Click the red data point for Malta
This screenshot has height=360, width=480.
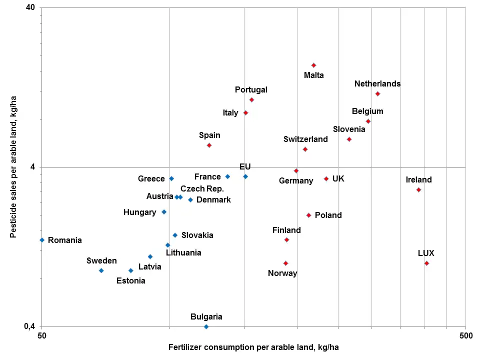(313, 65)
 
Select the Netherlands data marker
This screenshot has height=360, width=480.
(377, 94)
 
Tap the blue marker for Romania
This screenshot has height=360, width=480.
(42, 240)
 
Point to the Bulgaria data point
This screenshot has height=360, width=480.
(206, 327)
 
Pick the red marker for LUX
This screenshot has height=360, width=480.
(426, 263)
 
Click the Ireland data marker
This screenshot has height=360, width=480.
(418, 190)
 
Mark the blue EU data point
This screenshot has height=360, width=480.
(245, 176)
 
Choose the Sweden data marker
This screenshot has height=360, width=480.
(101, 270)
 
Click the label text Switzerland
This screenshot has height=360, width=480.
(305, 139)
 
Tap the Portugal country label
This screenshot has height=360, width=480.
(251, 90)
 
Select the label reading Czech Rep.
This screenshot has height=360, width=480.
(202, 189)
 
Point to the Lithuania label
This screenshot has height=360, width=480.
(183, 253)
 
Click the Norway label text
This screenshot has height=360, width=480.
(282, 273)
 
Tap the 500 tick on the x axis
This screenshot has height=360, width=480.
(465, 335)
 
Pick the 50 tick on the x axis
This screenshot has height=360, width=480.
(42, 335)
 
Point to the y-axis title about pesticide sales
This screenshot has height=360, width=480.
(14, 166)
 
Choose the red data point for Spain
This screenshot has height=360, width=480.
(209, 145)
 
